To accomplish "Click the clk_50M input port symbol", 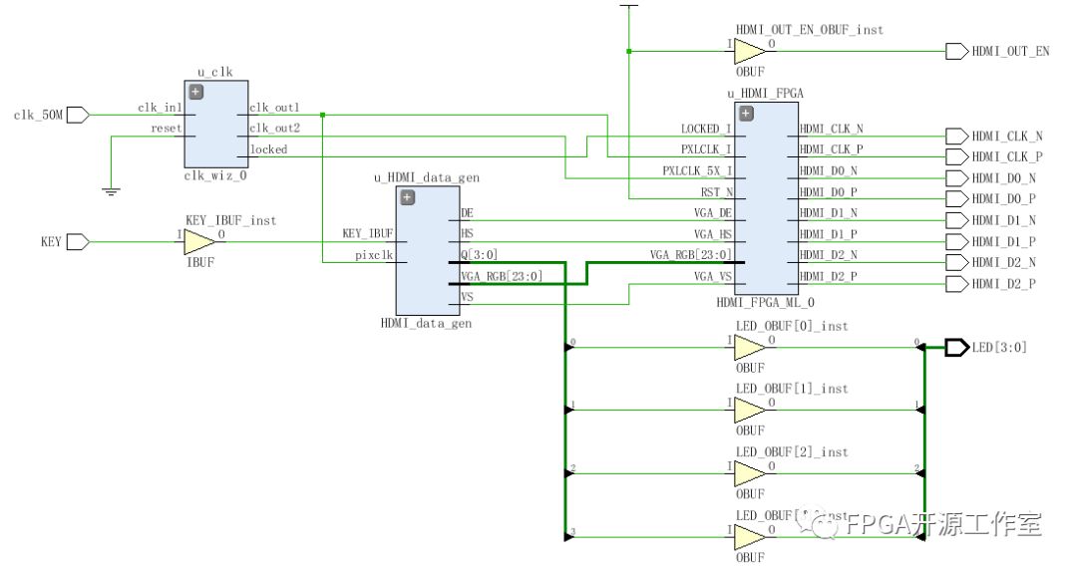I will (78, 115).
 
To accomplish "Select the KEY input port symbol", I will (78, 241).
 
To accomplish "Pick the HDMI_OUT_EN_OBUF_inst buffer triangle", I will (749, 52).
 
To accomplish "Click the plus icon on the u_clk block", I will (195, 92).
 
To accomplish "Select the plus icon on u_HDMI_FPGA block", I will (746, 113).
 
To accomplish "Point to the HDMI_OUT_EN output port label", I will (1010, 52).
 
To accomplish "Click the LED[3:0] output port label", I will (999, 348).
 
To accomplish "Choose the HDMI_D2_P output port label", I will (1003, 284).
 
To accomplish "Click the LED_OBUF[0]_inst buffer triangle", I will (749, 348).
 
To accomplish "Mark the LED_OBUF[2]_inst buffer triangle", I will (749, 473).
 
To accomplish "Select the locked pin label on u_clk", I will (268, 149).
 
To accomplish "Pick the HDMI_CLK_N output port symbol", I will (955, 136).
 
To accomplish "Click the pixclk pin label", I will (373, 255).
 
